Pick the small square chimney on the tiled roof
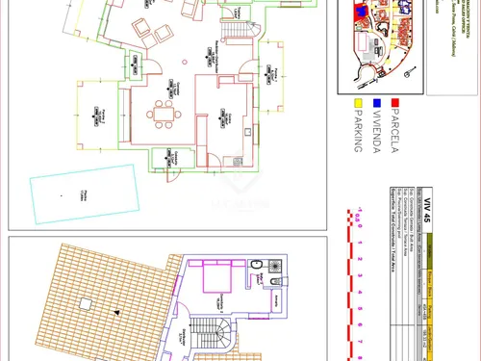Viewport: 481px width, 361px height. pos(87,303)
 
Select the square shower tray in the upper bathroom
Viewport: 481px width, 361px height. pos(274,264)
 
